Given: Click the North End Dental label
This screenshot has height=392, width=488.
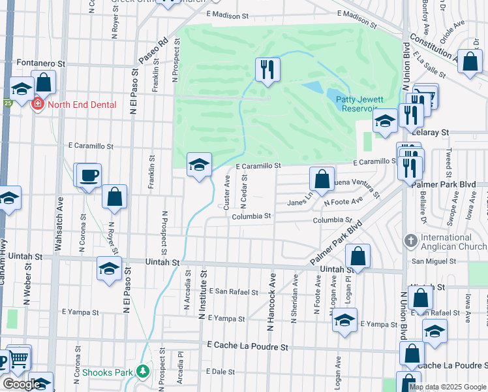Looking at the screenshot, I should tap(82, 105).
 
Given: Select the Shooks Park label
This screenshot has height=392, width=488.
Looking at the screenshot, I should tap(108, 372).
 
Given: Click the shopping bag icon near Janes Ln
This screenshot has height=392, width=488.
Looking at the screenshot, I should tap(322, 179).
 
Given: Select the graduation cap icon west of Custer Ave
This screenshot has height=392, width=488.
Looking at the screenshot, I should tap(199, 165).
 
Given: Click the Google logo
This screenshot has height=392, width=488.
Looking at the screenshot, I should tap(21, 384).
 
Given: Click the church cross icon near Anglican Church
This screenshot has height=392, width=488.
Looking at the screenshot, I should tap(410, 241).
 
